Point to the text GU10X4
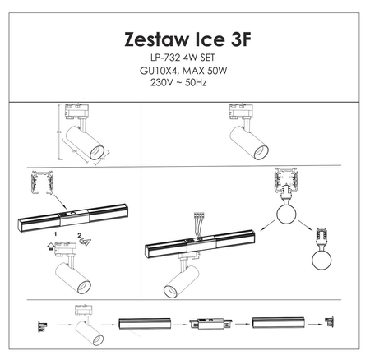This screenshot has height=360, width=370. click(x=161, y=71)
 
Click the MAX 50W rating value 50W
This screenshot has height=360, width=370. click(x=215, y=71)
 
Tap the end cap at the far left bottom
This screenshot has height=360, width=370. click(x=39, y=324)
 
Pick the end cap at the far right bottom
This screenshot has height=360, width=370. click(x=331, y=324)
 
